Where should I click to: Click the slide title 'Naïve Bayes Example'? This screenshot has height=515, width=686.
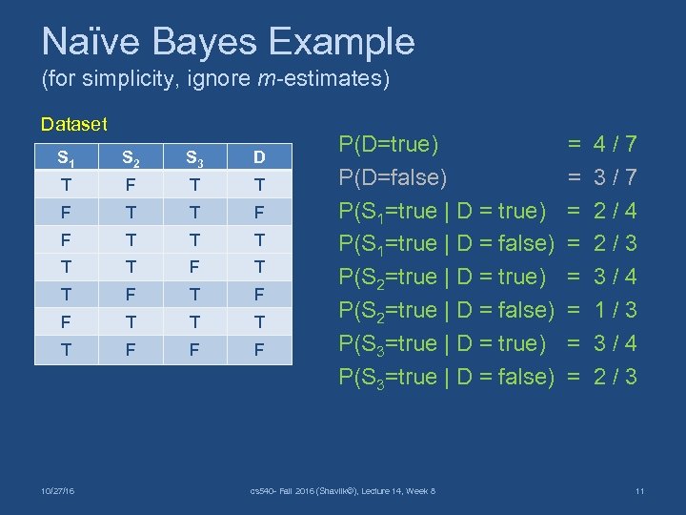[228, 42]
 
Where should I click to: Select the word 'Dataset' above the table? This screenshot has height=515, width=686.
[73, 124]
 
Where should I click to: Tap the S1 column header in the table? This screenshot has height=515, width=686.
[66, 157]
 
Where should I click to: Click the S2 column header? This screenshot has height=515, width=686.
[131, 157]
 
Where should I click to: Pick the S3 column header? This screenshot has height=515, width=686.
[194, 157]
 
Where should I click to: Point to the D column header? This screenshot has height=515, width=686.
[259, 157]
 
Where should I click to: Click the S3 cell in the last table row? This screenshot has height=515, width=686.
[194, 350]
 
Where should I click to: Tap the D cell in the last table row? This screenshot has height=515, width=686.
[259, 350]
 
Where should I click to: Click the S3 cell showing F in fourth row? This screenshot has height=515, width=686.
[194, 267]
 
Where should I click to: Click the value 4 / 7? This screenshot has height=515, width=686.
[615, 145]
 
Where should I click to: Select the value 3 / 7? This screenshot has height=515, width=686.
[615, 178]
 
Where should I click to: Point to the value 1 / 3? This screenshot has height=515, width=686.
[615, 310]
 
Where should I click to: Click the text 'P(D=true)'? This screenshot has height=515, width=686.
[389, 145]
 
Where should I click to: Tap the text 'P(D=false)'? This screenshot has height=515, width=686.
[393, 178]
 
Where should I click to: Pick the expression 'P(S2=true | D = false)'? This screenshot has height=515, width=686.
[447, 310]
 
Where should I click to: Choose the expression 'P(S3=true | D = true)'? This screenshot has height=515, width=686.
[443, 343]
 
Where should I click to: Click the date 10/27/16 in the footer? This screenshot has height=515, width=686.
[58, 491]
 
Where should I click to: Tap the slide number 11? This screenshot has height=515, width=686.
[639, 491]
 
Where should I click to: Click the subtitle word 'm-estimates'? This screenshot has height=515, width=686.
[321, 79]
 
